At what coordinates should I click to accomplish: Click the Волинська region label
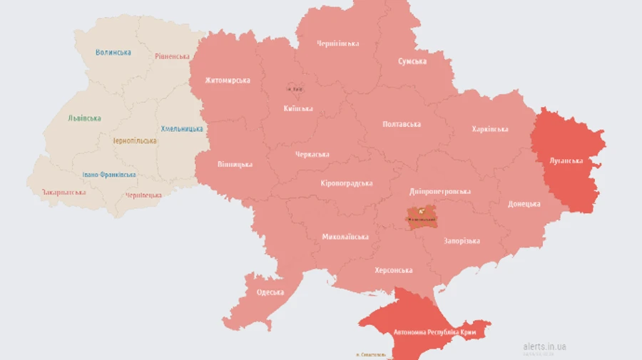tap(113, 52)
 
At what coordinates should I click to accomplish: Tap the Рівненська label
tap(172, 56)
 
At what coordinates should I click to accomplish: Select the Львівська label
tap(84, 118)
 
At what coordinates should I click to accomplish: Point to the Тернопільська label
tap(134, 140)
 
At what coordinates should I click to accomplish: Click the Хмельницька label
tap(181, 129)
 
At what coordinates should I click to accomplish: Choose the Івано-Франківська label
tap(108, 175)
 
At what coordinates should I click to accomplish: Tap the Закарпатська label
tap(63, 192)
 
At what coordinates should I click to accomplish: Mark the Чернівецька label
tap(143, 195)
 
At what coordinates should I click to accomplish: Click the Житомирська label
tap(227, 81)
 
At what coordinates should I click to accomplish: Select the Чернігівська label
tap(337, 43)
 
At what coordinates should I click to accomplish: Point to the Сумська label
tap(412, 61)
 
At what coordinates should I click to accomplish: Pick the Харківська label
tap(489, 129)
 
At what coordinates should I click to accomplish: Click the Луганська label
tap(566, 160)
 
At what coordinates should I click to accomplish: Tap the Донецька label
tap(524, 204)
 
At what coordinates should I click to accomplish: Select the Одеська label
tap(270, 292)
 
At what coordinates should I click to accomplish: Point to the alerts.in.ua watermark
tap(544, 346)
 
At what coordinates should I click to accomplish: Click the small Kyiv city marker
tap(294, 89)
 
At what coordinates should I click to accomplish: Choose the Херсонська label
tap(393, 270)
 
